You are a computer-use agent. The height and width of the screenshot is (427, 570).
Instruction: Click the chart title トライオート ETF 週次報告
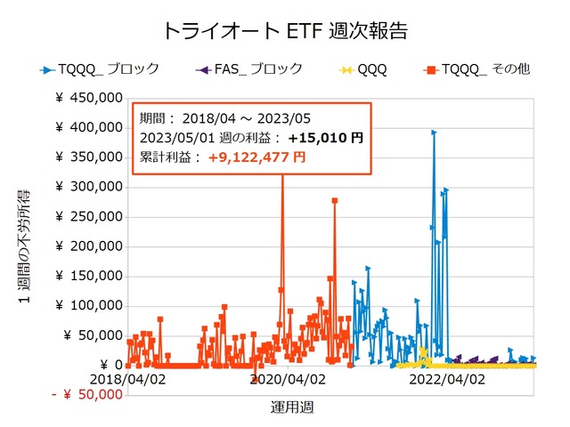(285, 30)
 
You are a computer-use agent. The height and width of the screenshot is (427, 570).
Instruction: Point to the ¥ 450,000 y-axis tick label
(88, 98)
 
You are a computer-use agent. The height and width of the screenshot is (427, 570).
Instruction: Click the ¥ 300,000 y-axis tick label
(88, 187)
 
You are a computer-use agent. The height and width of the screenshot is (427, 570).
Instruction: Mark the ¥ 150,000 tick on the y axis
(88, 276)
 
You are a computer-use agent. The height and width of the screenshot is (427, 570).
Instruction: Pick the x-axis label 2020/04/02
(287, 379)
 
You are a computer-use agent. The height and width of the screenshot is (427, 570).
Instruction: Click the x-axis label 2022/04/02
(446, 379)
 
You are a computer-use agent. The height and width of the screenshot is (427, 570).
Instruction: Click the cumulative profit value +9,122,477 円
(256, 157)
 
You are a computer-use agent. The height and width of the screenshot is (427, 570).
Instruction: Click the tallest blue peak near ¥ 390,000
(434, 133)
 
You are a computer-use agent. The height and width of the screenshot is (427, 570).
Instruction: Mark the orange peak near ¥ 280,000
(335, 200)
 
